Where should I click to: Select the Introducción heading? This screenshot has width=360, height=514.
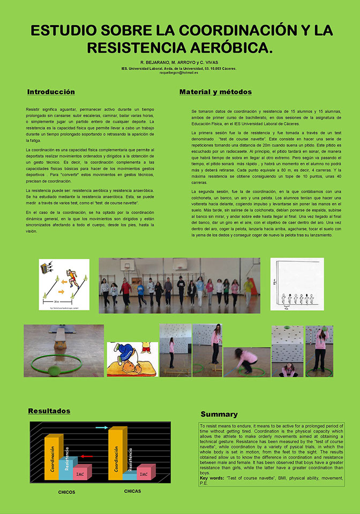(x=51, y=92)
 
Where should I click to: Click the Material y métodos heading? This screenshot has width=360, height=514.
(x=215, y=92)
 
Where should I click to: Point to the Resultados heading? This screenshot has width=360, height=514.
(x=49, y=411)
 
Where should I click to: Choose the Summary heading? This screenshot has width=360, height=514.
(x=219, y=414)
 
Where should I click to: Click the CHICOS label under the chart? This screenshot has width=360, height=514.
(x=66, y=492)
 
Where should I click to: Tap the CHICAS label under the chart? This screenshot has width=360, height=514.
(x=132, y=490)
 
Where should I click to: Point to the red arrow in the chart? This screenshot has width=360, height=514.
(x=87, y=456)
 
